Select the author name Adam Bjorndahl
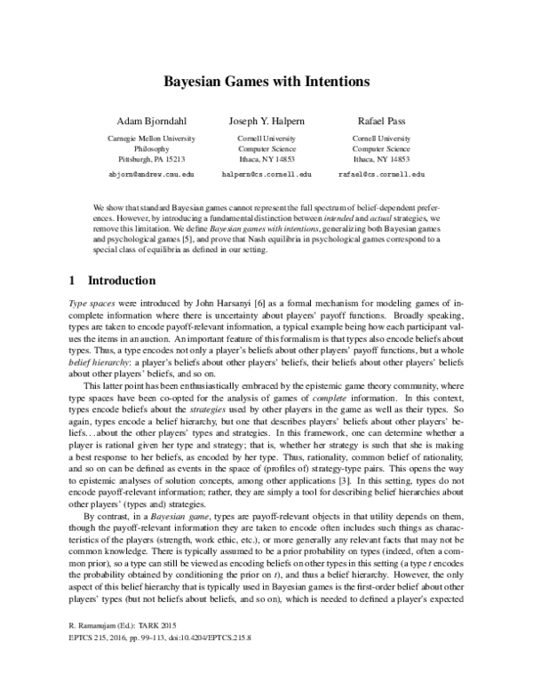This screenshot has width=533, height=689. point(149,120)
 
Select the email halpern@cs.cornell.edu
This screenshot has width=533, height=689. point(266,176)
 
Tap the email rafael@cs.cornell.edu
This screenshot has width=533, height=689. point(381,176)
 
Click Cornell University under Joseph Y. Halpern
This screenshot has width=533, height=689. point(266,139)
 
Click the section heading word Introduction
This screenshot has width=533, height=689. point(119,281)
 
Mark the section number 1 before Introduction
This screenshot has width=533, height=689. point(72,281)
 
